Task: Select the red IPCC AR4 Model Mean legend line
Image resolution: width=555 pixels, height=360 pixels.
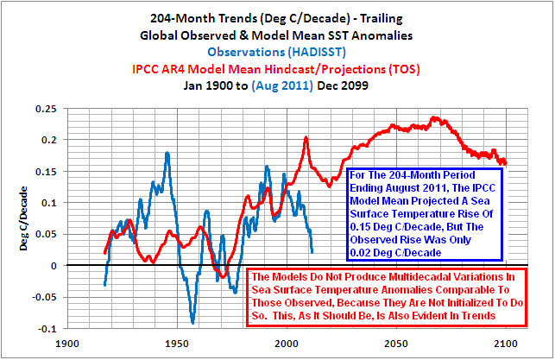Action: click(277, 68)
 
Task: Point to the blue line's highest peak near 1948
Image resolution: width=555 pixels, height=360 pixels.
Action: click(167, 153)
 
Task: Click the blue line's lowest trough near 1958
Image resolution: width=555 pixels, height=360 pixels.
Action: click(192, 323)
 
